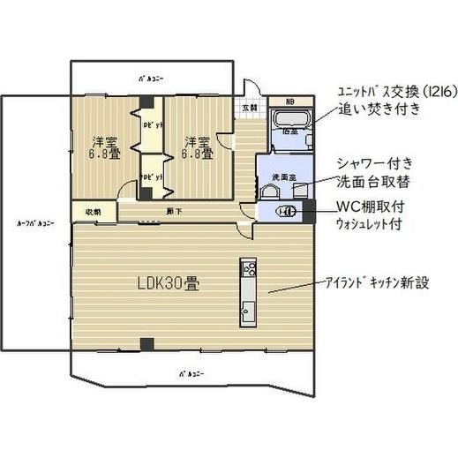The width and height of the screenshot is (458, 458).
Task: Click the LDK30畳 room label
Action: [x=168, y=285]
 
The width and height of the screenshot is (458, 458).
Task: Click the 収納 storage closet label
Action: [x=94, y=212]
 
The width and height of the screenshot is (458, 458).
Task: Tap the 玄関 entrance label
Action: [x=248, y=107]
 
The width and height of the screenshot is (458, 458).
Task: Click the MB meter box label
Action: [x=289, y=100]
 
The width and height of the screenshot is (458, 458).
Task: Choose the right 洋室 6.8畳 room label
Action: [x=197, y=146]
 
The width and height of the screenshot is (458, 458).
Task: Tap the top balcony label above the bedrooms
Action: [x=150, y=77]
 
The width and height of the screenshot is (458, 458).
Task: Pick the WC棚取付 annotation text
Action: [x=372, y=206]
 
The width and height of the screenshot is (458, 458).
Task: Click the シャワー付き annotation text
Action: [x=375, y=164]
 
